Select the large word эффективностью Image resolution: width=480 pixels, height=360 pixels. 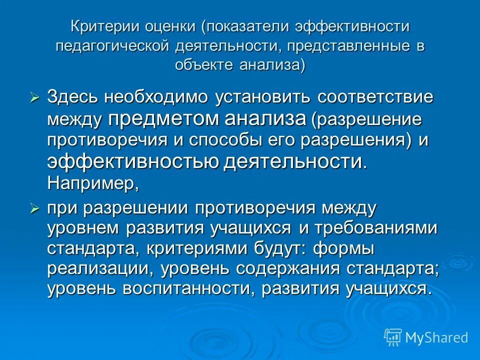[x=132, y=161]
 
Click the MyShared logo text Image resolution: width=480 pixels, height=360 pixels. [x=436, y=338]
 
